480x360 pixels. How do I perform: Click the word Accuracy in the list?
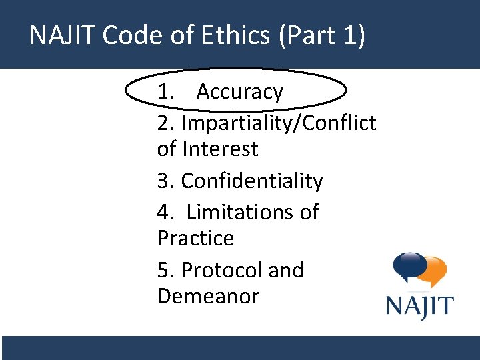tap(240, 92)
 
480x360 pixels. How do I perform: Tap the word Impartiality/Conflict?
tap(279, 123)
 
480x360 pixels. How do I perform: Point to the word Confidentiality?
tap(252, 181)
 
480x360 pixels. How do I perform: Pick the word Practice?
tap(195, 238)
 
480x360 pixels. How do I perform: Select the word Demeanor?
tap(208, 295)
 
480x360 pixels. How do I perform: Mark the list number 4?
tap(165, 213)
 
